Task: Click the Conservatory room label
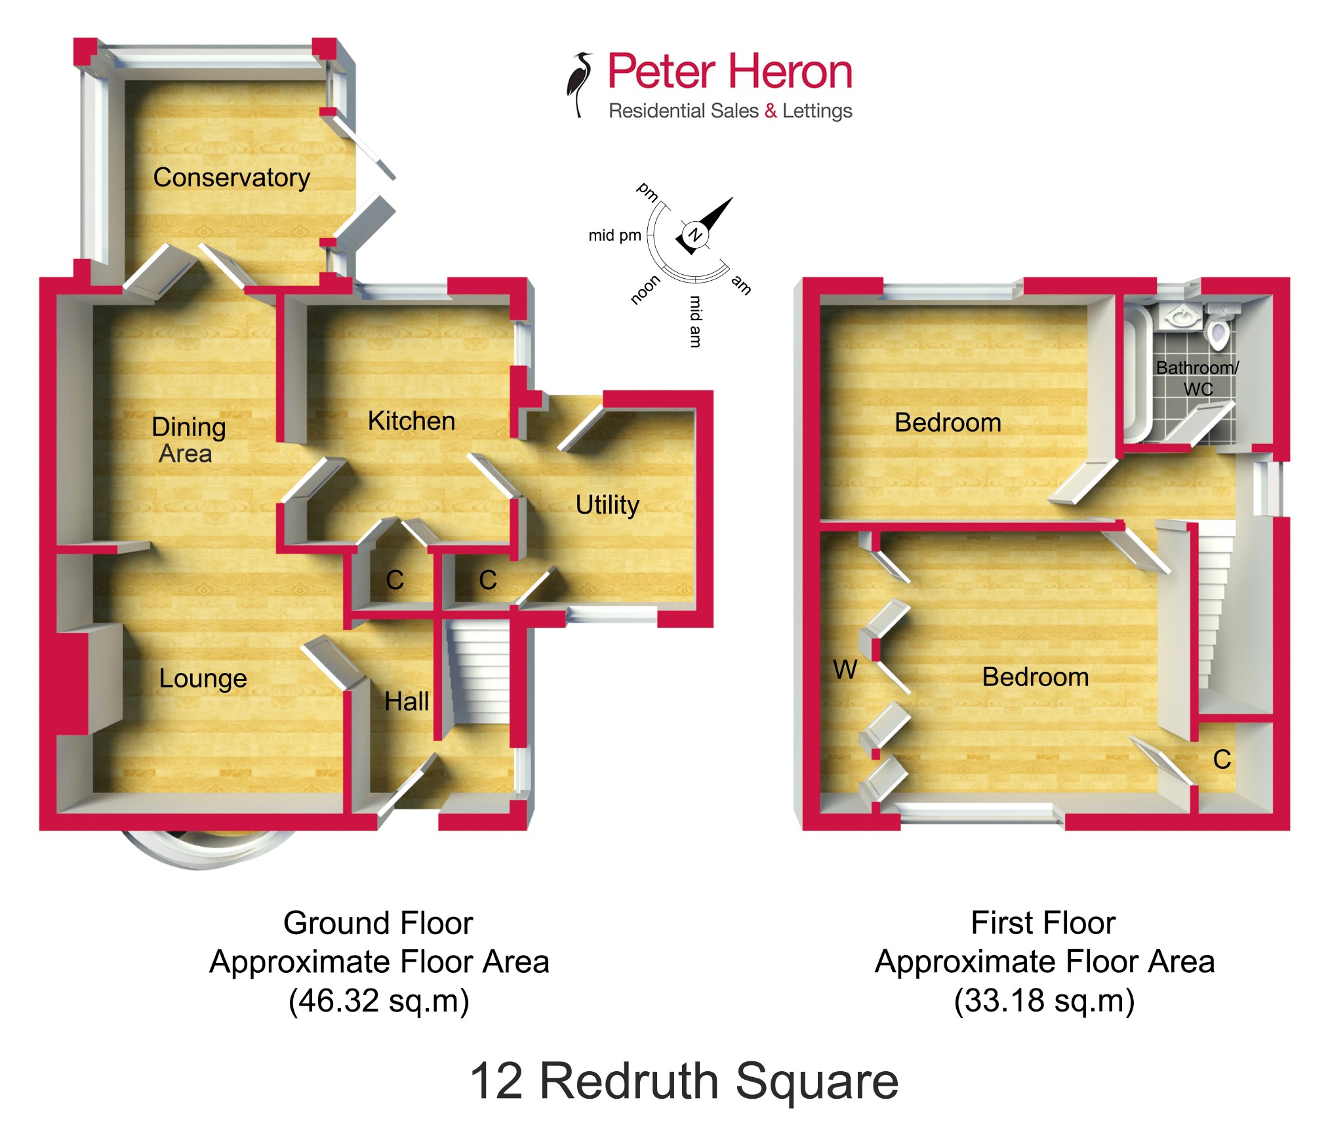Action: (x=231, y=178)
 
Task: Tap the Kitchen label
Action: (x=411, y=421)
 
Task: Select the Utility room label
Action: (x=607, y=505)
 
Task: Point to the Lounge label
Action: (x=203, y=678)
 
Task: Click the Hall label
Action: (x=407, y=702)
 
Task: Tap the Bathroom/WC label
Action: (x=1197, y=378)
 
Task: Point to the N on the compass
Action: (x=694, y=234)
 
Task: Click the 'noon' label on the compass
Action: (x=645, y=290)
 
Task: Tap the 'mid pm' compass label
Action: (x=614, y=235)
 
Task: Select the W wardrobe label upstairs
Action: (x=845, y=670)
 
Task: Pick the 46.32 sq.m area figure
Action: (x=378, y=1001)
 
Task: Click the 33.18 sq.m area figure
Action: (x=1044, y=1001)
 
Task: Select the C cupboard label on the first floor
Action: (x=1222, y=760)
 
